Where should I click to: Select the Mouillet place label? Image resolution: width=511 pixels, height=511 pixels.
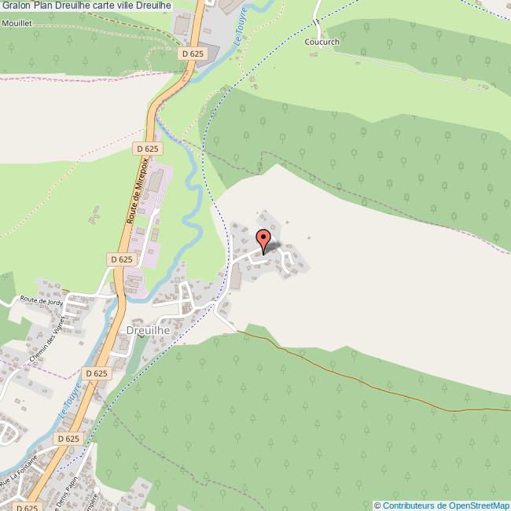pyautogui.click(x=17, y=24)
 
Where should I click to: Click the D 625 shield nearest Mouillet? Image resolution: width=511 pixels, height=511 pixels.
pyautogui.click(x=191, y=53)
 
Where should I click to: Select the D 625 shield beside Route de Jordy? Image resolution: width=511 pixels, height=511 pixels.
pyautogui.click(x=122, y=259)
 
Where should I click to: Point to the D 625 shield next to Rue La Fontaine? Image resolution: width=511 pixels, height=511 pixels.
pyautogui.click(x=68, y=438)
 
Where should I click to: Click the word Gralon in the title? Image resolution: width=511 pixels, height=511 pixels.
pyautogui.click(x=16, y=6)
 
